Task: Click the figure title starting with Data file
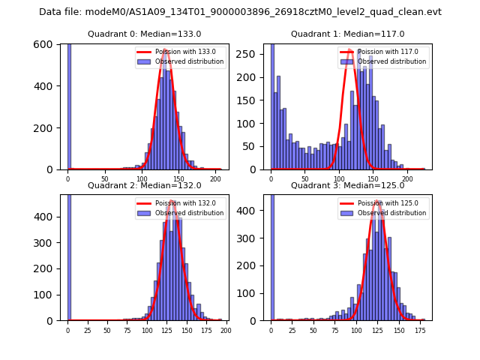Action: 240,12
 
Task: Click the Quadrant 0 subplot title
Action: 145,34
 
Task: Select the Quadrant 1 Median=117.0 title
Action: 348,34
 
